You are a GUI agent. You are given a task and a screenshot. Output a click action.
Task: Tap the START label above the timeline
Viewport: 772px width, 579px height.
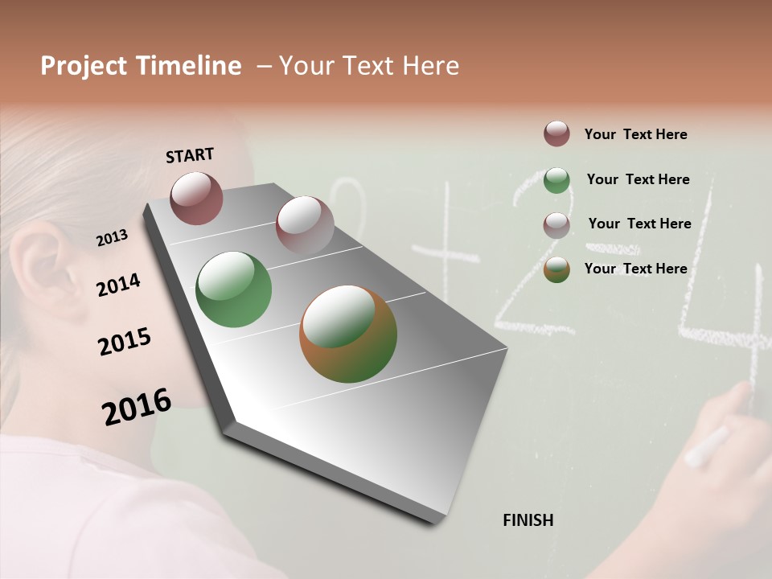pos(190,155)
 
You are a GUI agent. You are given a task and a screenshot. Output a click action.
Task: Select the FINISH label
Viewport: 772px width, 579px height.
pos(528,520)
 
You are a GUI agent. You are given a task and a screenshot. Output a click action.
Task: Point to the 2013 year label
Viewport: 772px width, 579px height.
pos(113,237)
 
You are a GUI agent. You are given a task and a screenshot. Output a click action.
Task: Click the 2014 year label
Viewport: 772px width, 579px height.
pos(118,285)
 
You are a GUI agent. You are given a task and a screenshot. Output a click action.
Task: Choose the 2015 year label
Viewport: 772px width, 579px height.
pos(125,342)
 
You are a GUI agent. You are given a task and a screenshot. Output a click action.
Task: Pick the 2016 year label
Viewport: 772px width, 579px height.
pos(137,406)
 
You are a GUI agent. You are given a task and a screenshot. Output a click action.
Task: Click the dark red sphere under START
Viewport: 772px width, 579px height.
pos(196,198)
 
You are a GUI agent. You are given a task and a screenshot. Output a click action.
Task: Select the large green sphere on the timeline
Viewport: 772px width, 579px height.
pos(234,289)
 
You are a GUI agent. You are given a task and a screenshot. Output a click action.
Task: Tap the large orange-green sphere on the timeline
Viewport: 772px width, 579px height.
pos(348,333)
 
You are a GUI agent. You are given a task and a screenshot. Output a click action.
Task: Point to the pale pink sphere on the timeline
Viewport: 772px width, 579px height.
pos(305,225)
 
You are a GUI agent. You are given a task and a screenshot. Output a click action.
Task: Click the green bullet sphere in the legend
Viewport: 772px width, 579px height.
pos(556,180)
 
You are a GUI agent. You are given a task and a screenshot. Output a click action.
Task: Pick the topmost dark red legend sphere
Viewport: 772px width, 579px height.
pos(556,133)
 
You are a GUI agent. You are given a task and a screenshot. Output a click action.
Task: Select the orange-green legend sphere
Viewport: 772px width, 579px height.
pos(556,269)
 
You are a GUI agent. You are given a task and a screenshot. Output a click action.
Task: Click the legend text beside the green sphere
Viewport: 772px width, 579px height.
pos(638,179)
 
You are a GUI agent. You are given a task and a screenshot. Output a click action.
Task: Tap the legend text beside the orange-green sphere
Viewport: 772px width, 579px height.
pos(635,269)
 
